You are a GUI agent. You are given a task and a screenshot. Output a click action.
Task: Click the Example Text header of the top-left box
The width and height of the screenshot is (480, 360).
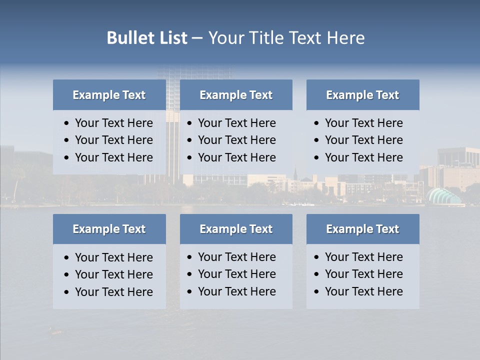[109, 95]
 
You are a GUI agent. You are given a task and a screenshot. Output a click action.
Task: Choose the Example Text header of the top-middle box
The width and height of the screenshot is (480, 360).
[236, 95]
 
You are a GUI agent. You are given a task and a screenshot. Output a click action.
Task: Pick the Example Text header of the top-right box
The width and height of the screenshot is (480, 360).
[362, 95]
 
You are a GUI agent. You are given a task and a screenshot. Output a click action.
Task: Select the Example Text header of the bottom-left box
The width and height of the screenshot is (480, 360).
[109, 229]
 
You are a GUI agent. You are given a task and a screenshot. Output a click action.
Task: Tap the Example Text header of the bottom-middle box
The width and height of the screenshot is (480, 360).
[236, 229]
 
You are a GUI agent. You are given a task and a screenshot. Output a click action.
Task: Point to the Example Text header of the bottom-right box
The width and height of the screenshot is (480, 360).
[362, 229]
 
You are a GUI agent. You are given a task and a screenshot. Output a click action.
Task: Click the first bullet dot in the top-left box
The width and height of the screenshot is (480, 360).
[67, 123]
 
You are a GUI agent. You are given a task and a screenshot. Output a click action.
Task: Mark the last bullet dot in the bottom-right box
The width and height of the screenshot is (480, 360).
[317, 292]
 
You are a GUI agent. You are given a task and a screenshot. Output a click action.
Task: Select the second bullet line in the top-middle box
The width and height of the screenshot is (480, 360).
[236, 140]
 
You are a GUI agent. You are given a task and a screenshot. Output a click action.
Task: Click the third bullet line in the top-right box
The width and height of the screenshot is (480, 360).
[363, 157]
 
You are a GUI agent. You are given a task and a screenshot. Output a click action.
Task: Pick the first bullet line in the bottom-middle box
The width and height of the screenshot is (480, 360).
[236, 257]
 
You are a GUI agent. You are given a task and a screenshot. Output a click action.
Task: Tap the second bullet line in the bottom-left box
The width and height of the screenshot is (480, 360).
[113, 274]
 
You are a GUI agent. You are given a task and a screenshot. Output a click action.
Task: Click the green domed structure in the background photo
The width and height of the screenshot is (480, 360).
[442, 196]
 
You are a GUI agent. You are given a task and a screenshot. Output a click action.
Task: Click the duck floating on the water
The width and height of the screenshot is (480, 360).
[54, 330]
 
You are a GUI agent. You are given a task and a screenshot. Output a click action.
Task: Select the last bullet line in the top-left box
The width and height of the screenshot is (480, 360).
[113, 157]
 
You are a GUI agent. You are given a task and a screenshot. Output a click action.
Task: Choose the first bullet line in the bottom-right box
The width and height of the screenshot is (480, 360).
[363, 257]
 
